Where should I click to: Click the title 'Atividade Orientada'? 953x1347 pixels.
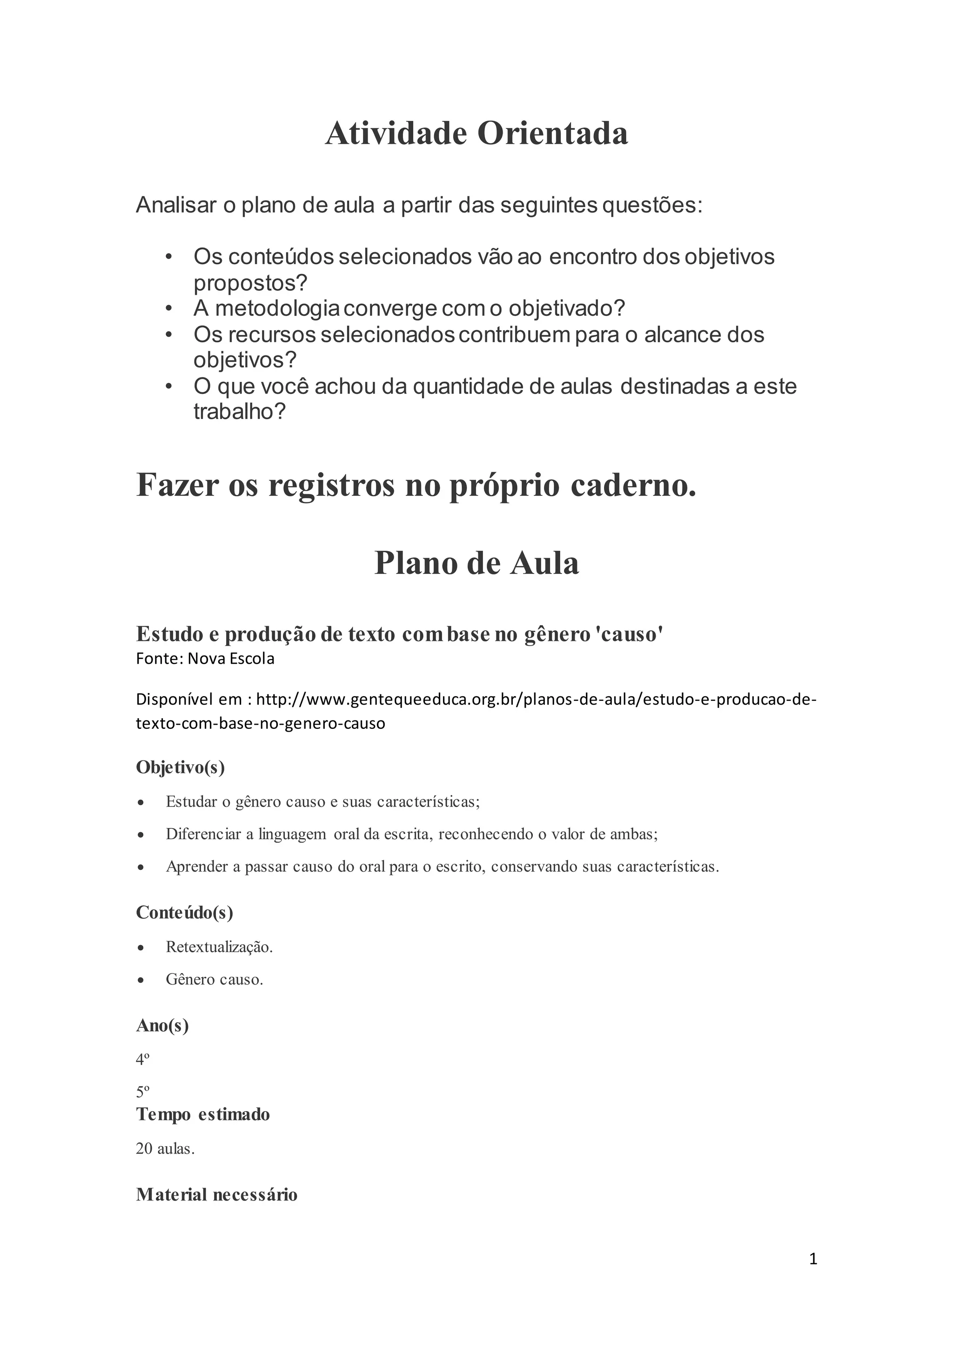coord(476,134)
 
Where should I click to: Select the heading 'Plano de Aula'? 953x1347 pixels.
coord(476,563)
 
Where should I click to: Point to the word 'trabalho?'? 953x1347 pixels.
coord(240,412)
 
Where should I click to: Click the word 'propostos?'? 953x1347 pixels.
coord(250,283)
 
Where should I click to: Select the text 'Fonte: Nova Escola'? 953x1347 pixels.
coord(205,659)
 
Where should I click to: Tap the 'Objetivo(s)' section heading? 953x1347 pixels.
coord(180,767)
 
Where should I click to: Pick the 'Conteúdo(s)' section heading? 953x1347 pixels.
coord(184,912)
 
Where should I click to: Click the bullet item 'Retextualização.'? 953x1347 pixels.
coord(219,947)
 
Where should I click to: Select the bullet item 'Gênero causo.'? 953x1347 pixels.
coord(214,979)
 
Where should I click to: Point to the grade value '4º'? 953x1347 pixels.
coord(142,1060)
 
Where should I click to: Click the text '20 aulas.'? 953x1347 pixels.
coord(165,1149)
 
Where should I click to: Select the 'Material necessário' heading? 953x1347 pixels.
coord(216,1194)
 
